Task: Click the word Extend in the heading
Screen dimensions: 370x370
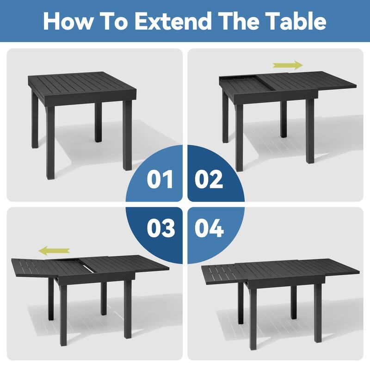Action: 173,21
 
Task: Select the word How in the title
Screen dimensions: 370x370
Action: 68,21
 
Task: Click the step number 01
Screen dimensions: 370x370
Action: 160,179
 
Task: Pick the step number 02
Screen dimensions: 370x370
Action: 209,179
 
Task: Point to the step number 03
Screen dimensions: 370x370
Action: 160,228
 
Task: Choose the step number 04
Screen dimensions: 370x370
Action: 209,228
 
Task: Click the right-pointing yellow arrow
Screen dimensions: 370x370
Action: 288,65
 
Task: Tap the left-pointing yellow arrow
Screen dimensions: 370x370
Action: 54,251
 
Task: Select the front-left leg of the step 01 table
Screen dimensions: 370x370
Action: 50,142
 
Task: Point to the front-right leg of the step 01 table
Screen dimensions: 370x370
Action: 128,136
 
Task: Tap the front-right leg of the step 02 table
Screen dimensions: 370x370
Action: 310,131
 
